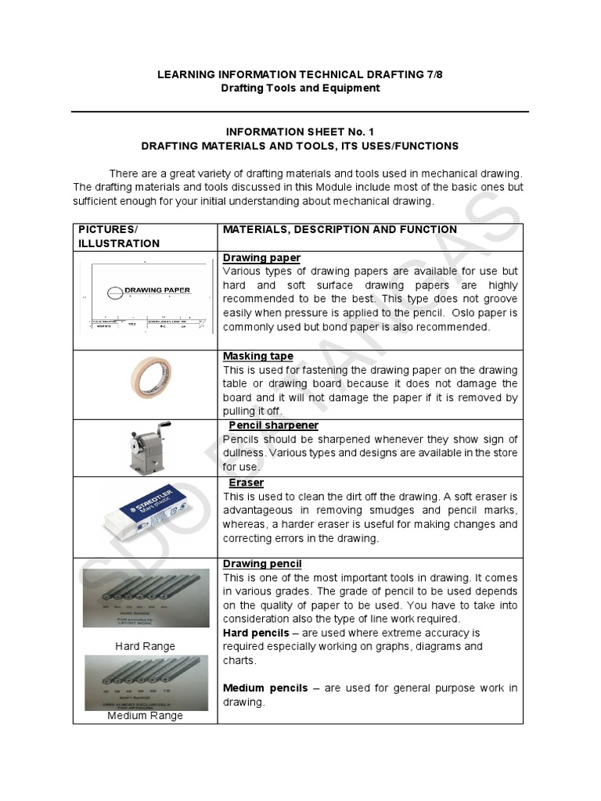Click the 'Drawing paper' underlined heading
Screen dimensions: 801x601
pyautogui.click(x=261, y=257)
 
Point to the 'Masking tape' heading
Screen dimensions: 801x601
pyautogui.click(x=258, y=356)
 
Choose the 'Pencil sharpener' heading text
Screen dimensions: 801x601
pyautogui.click(x=273, y=425)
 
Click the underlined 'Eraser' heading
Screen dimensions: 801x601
pyautogui.click(x=246, y=483)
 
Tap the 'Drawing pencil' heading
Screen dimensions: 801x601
pyautogui.click(x=262, y=563)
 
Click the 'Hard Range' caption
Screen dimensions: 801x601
pyautogui.click(x=145, y=646)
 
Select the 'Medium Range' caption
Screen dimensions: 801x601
pyautogui.click(x=145, y=715)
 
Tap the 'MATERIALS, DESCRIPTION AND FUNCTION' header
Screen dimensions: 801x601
pyautogui.click(x=340, y=229)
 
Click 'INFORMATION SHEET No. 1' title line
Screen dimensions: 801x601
pyautogui.click(x=300, y=131)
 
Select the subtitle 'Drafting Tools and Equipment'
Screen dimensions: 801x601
pyautogui.click(x=300, y=88)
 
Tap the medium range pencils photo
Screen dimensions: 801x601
pyautogui.click(x=146, y=681)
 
